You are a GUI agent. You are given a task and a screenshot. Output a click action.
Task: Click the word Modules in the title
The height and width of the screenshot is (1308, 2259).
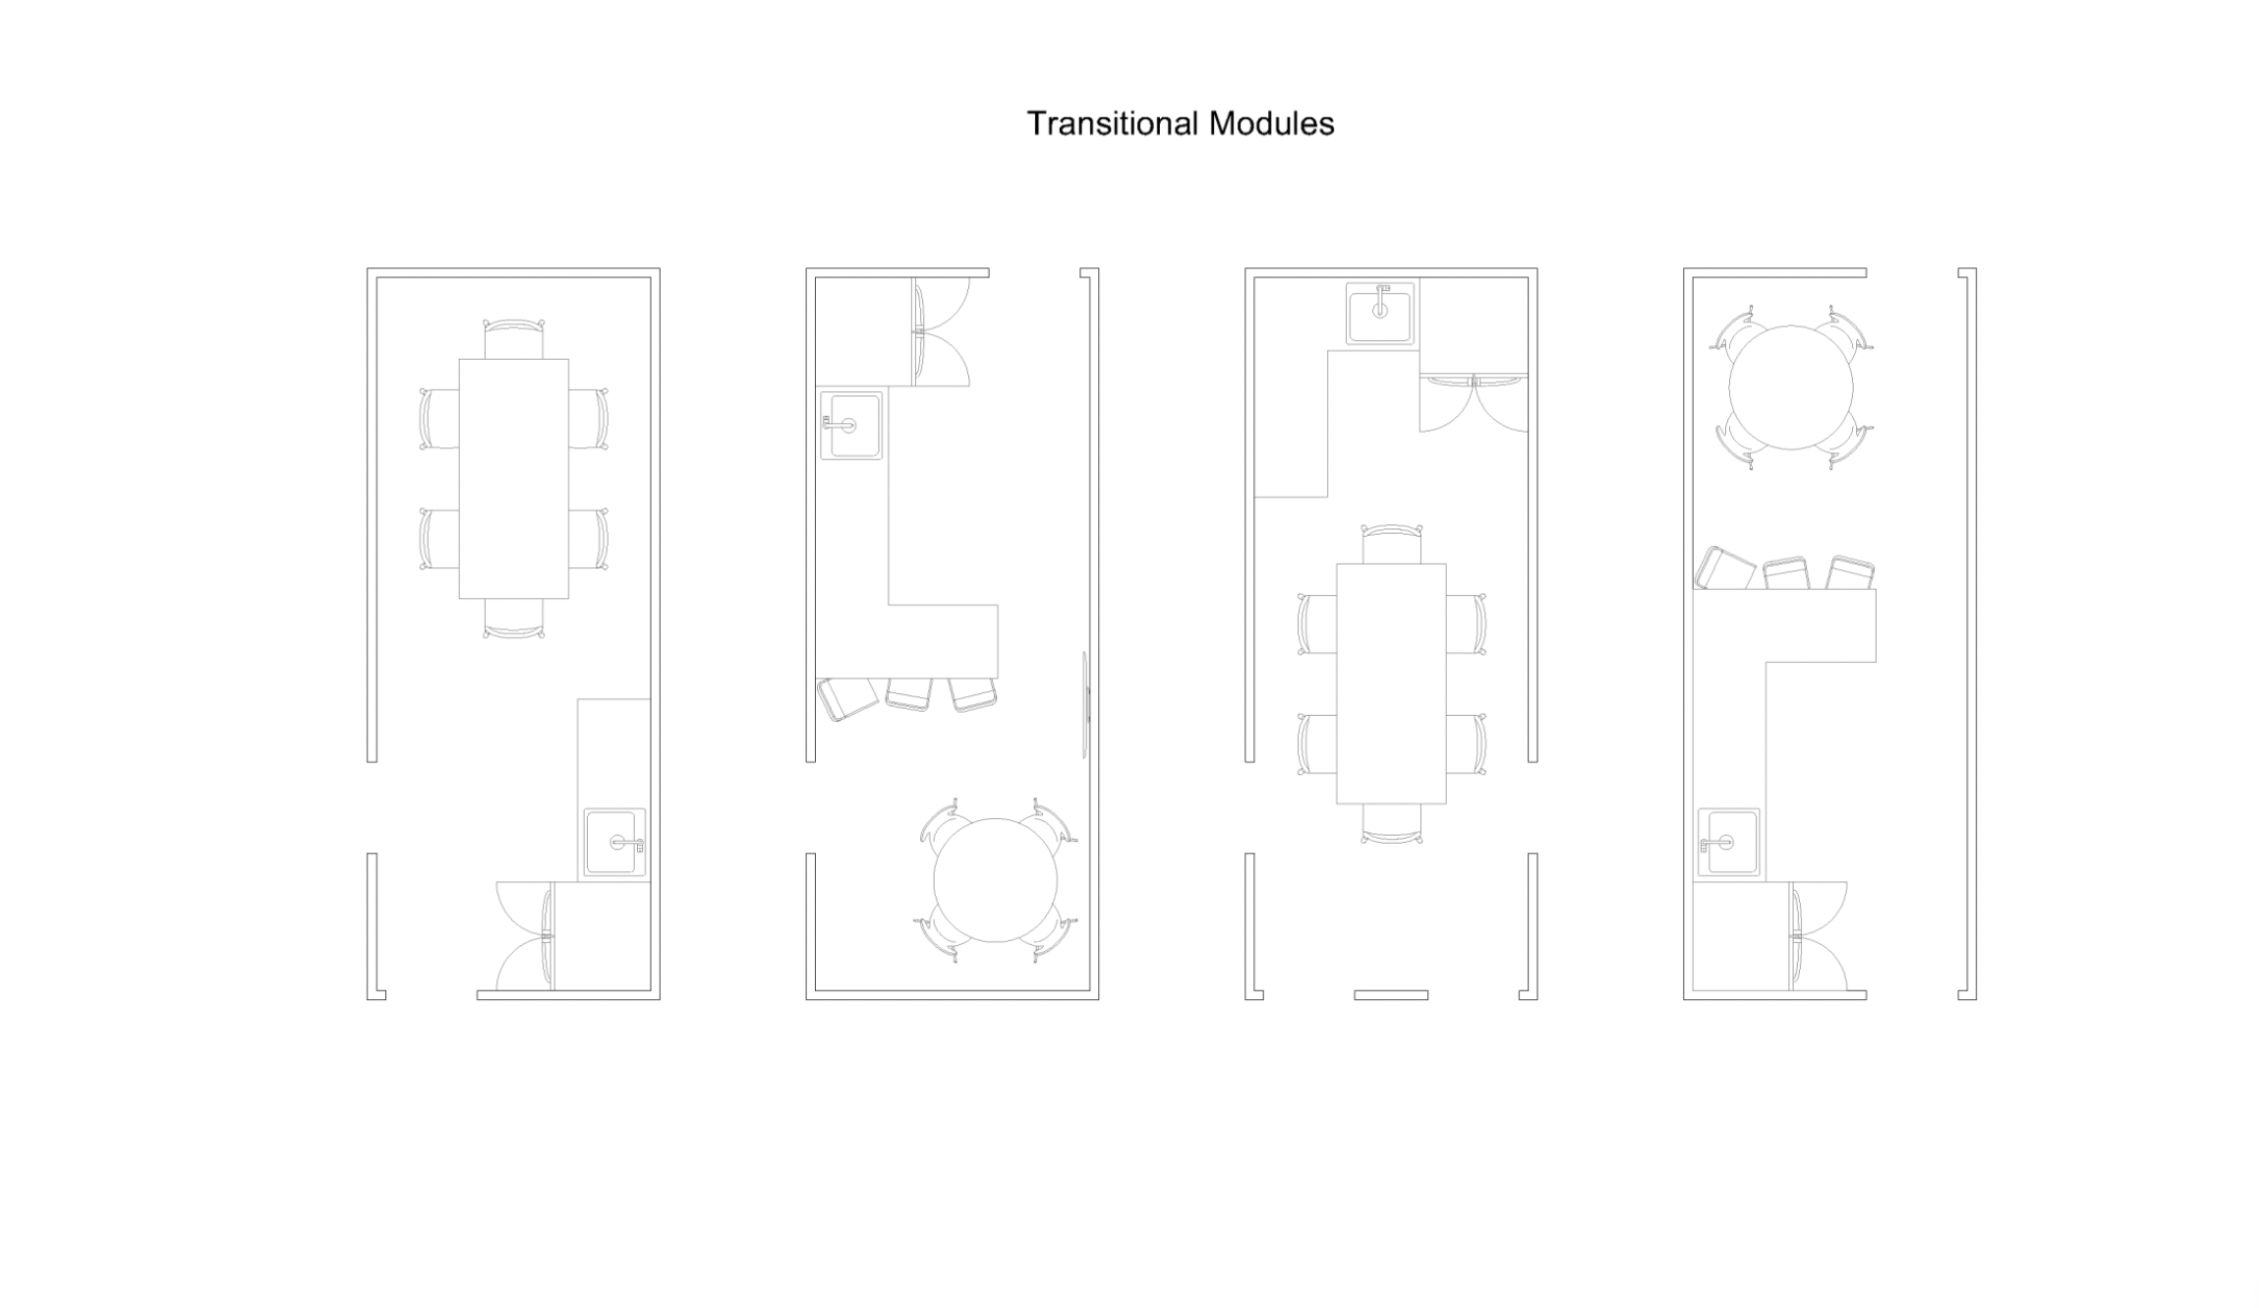1271,124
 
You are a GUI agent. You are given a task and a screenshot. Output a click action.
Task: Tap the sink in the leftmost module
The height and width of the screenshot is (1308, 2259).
615,842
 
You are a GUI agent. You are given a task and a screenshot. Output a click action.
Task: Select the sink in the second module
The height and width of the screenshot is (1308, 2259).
851,425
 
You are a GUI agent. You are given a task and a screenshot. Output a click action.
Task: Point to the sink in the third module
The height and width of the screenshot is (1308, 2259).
1380,314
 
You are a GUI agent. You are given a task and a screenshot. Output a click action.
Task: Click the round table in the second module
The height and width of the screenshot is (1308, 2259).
995,880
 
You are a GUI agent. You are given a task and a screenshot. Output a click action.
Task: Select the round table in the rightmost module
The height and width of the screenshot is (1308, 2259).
1791,387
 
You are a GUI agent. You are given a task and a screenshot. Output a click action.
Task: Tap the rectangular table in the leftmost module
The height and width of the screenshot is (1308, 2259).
513,479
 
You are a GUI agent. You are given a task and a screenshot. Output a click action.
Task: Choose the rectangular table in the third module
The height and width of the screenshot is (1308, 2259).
1391,684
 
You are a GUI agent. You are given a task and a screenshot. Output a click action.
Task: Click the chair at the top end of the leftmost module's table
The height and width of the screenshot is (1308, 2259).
513,338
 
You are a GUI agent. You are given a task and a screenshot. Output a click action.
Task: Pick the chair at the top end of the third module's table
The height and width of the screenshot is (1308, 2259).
1391,544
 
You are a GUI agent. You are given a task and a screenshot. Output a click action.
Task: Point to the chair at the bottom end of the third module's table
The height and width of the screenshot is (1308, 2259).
1391,824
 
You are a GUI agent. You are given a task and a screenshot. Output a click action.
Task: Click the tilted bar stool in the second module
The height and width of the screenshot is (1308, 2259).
847,698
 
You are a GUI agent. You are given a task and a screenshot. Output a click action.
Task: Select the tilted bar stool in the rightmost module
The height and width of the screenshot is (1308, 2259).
1725,568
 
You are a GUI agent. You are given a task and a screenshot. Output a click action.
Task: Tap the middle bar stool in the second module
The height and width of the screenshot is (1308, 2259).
908,694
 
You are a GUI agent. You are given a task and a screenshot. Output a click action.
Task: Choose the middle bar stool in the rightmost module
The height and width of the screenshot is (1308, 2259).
1786,573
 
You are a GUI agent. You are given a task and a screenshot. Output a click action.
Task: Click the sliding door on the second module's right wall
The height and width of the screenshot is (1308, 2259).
1085,704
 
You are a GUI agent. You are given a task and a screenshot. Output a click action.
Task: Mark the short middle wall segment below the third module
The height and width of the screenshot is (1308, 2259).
1391,995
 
